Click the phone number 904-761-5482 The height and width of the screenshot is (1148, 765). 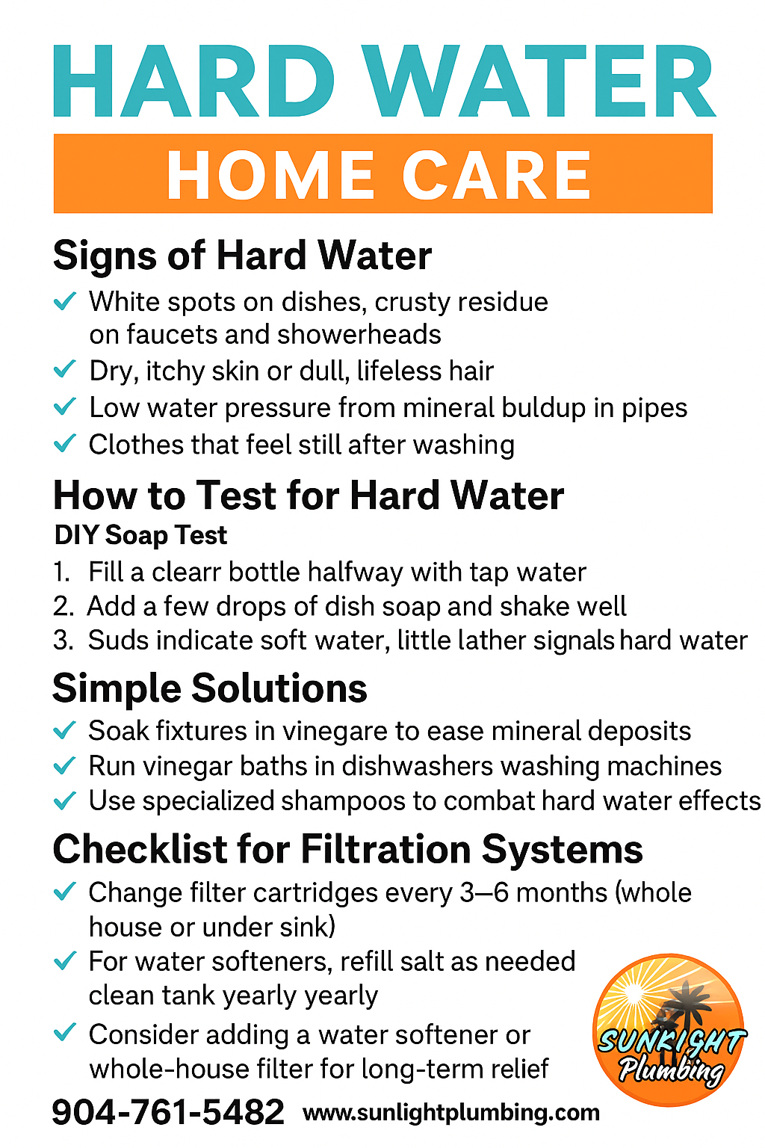[x=168, y=1112]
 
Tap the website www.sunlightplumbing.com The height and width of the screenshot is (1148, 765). [x=451, y=1113]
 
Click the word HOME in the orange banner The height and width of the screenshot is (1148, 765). [x=270, y=175]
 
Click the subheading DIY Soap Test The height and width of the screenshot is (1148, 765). [x=140, y=535]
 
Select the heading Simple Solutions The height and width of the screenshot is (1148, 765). [x=210, y=688]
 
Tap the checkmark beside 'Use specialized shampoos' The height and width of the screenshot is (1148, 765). [x=64, y=800]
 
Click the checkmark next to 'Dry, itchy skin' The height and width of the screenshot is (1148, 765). [x=64, y=369]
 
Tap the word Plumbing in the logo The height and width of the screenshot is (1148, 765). [x=671, y=1069]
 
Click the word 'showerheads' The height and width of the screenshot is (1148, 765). [x=359, y=334]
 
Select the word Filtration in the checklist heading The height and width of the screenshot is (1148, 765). [x=385, y=849]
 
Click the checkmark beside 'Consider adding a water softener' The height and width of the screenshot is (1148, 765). [x=64, y=1031]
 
